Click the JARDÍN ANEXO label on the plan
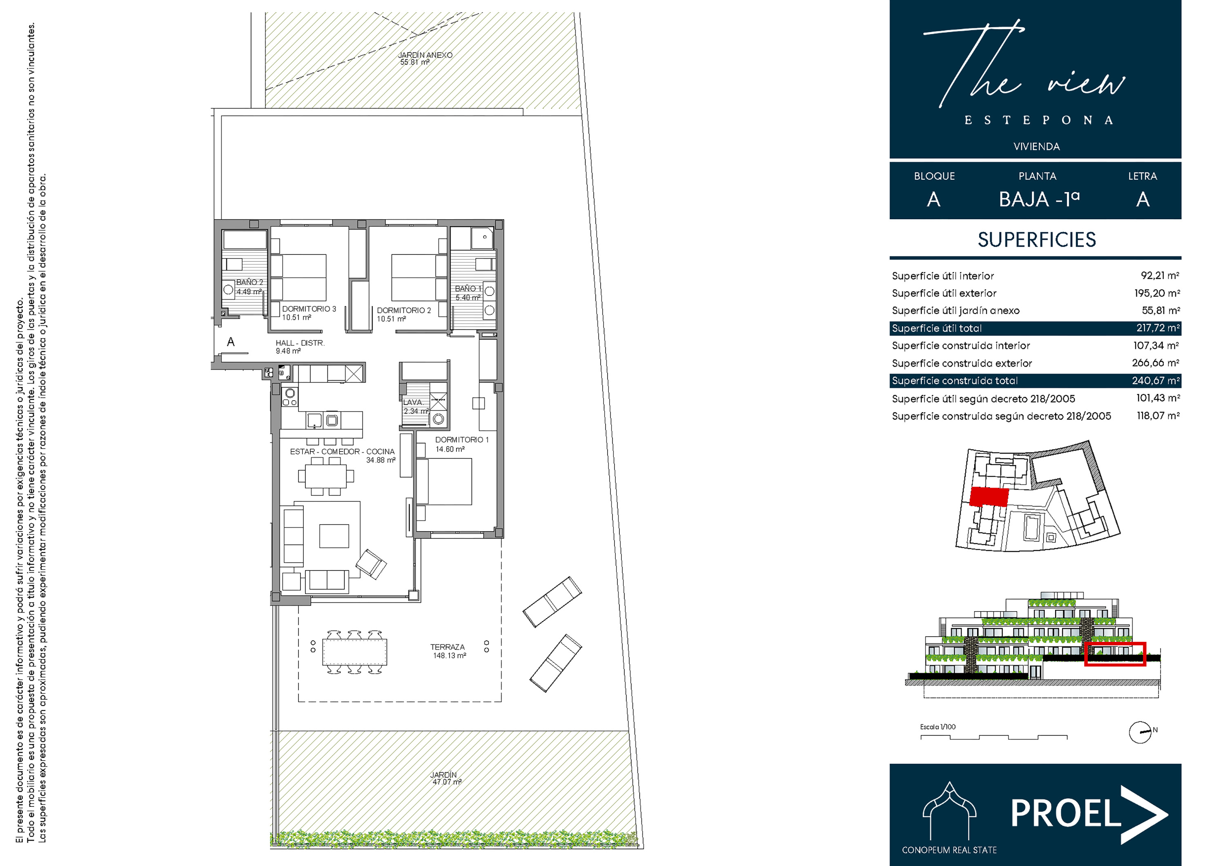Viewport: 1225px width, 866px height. pos(425,55)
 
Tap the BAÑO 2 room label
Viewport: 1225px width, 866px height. pos(249,282)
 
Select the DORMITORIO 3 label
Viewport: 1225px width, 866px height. pos(309,308)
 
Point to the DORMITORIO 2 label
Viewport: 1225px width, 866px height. pos(404,310)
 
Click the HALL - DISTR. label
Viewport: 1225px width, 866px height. pos(300,343)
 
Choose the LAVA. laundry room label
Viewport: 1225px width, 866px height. pos(413,402)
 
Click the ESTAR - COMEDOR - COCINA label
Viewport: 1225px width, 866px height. pos(343,452)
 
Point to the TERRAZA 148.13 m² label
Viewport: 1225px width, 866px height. pos(448,651)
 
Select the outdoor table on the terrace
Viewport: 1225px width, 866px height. pos(355,652)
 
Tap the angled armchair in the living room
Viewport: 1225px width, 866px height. pos(371,564)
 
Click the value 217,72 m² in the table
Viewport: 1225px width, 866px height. pos(1157,327)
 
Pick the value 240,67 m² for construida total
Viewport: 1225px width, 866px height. pos(1155,381)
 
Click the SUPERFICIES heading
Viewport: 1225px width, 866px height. pos(1037,240)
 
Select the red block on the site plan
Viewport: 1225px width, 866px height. pos(989,497)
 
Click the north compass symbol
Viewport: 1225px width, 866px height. pos(1140,732)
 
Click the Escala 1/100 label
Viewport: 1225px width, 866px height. pos(938,727)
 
